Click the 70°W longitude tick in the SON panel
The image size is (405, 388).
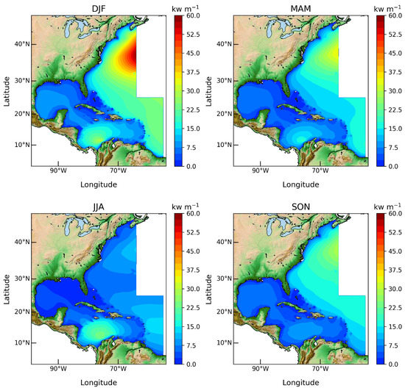(320, 369)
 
